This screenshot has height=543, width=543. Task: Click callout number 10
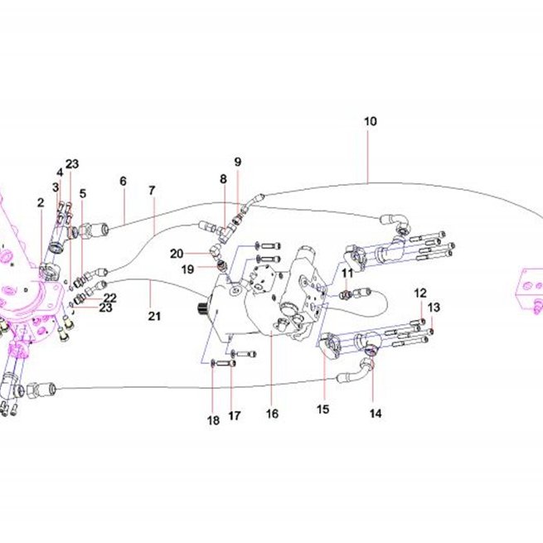coord(370,122)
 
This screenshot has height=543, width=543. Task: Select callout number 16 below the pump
coord(272,414)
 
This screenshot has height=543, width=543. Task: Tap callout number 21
coord(154,316)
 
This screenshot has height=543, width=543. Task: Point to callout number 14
coord(376,413)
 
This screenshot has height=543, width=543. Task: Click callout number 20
coord(177,254)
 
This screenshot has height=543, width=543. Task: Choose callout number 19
coord(187,269)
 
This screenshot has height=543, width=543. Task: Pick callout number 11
coord(347,274)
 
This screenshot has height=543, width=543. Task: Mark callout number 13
coord(434,308)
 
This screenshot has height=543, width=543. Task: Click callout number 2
coord(41,202)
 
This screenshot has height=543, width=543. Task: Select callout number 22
coord(110,298)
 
